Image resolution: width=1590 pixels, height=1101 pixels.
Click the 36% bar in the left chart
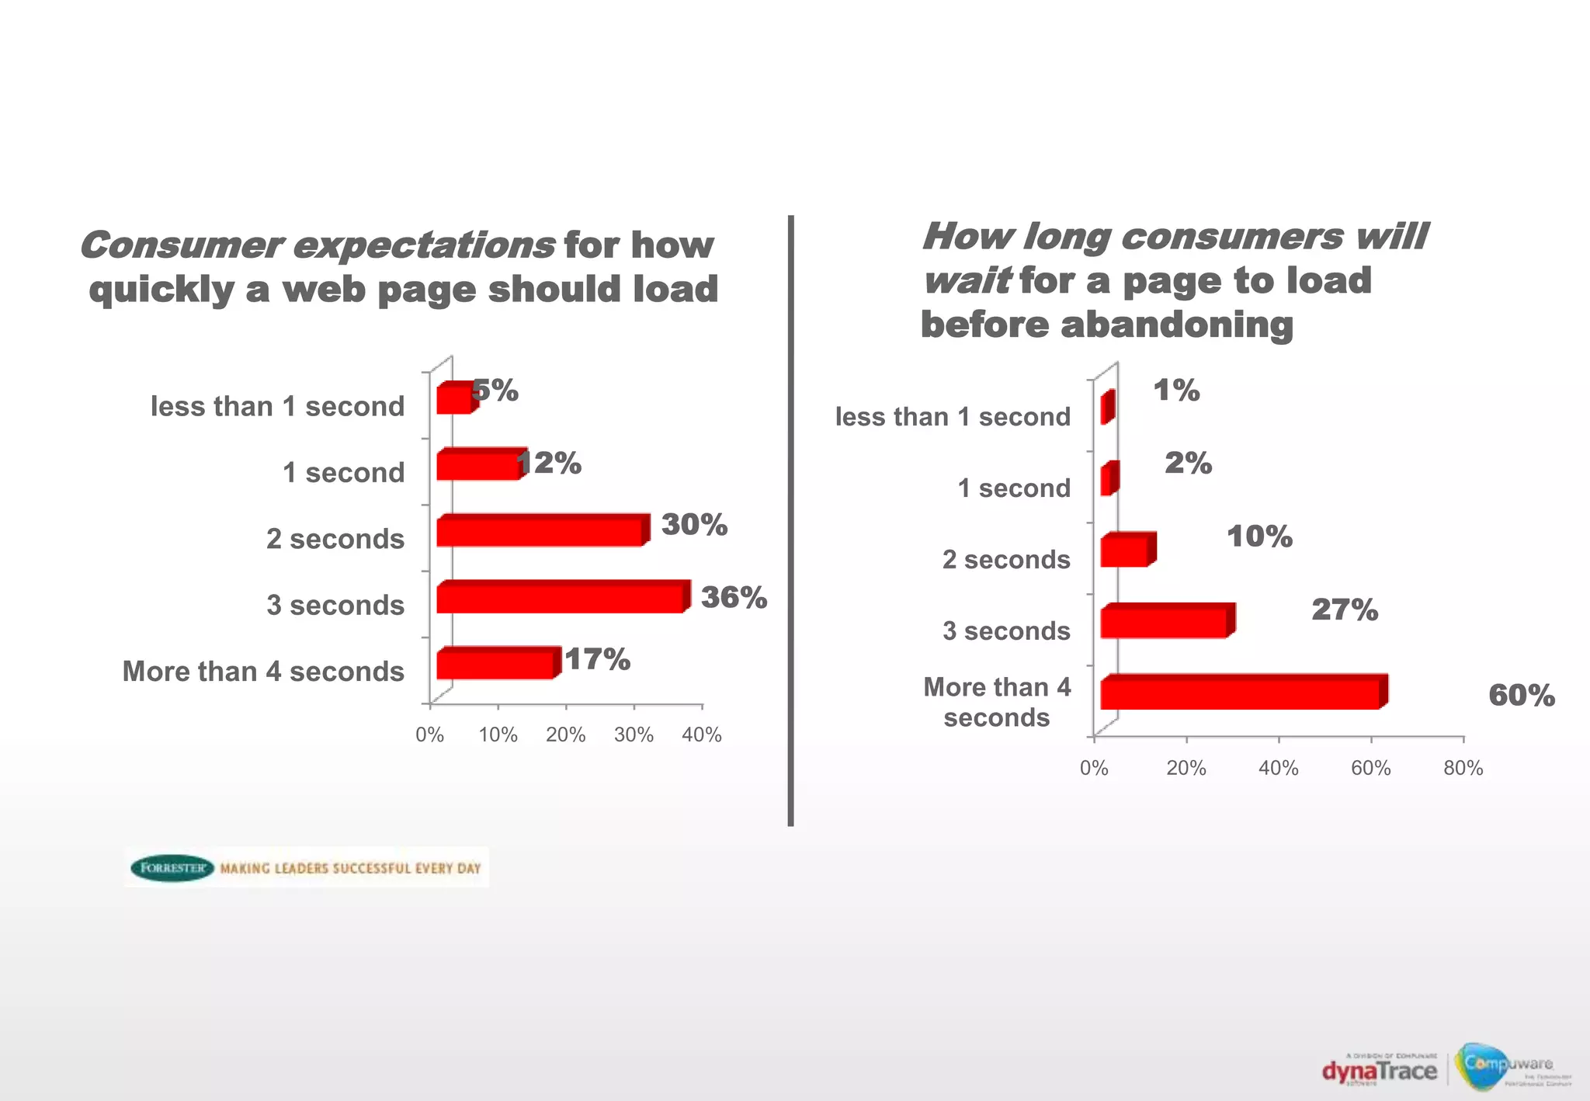pyautogui.click(x=561, y=599)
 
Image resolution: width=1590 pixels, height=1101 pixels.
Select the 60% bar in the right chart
pyautogui.click(x=1241, y=693)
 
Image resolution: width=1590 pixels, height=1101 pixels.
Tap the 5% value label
pyautogui.click(x=495, y=391)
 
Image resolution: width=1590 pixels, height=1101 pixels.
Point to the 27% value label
pyautogui.click(x=1345, y=610)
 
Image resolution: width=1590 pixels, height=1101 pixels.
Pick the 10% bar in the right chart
pyautogui.click(x=1125, y=551)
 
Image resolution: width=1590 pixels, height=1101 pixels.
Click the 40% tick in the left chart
pyautogui.click(x=702, y=735)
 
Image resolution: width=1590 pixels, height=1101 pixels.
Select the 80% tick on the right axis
pyautogui.click(x=1463, y=768)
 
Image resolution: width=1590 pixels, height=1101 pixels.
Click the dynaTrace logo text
pyautogui.click(x=1380, y=1071)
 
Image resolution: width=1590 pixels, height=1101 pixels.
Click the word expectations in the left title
pyautogui.click(x=423, y=245)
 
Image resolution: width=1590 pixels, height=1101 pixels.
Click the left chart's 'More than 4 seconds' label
pyautogui.click(x=263, y=671)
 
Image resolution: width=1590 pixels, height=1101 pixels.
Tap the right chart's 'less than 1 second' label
pyautogui.click(x=953, y=417)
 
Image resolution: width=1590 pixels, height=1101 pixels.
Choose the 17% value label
pyautogui.click(x=597, y=660)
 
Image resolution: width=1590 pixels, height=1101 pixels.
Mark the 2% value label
pyautogui.click(x=1188, y=464)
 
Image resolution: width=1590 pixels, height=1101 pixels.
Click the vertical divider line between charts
pyautogui.click(x=790, y=520)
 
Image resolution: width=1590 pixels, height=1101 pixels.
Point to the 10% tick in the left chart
pyautogui.click(x=498, y=735)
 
